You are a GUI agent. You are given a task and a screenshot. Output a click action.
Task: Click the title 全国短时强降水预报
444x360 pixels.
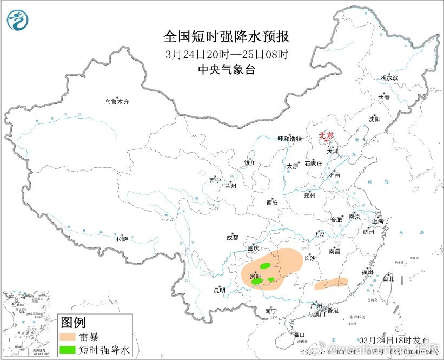(x=226, y=37)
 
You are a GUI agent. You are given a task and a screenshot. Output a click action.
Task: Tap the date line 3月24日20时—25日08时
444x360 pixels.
(x=226, y=54)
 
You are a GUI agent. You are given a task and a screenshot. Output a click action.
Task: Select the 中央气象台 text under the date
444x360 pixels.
(x=226, y=70)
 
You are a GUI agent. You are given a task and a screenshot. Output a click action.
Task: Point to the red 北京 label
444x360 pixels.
(x=326, y=135)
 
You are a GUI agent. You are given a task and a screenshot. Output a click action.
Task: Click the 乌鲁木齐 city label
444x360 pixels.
(x=117, y=101)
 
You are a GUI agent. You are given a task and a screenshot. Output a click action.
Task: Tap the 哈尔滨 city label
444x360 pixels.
(x=388, y=78)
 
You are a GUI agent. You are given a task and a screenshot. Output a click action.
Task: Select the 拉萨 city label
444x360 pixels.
(x=122, y=238)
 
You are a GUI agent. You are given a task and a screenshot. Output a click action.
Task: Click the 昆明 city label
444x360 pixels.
(x=219, y=291)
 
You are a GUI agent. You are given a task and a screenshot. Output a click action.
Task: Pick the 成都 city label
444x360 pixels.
(x=232, y=237)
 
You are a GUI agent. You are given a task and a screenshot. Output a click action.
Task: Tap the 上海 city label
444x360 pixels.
(x=377, y=221)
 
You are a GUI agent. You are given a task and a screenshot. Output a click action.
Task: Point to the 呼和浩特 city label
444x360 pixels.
(x=289, y=139)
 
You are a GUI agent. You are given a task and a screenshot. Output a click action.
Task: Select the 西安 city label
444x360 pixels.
(x=271, y=202)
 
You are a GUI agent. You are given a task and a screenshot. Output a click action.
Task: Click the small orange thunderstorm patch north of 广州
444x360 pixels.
(x=331, y=283)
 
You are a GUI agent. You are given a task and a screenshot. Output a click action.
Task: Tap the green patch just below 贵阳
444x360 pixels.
(x=256, y=282)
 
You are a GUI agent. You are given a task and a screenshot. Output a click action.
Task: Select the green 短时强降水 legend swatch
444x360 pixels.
(x=68, y=350)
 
